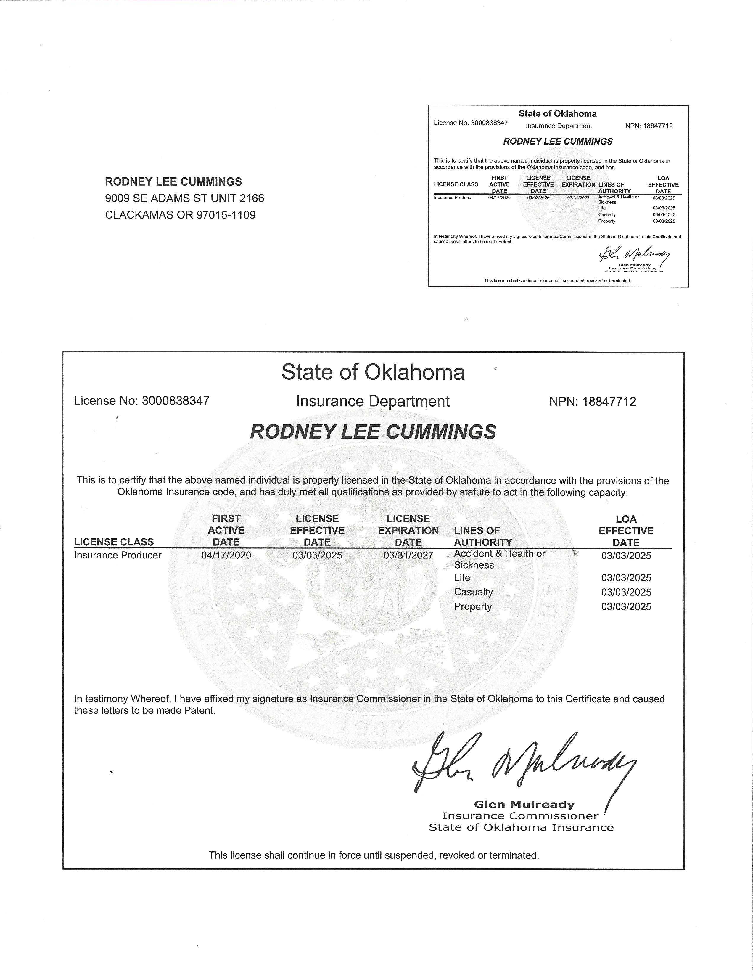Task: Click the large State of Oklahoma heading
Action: click(373, 372)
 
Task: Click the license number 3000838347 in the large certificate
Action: click(176, 401)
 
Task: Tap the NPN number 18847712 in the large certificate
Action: click(609, 401)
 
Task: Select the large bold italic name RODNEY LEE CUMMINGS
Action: click(373, 432)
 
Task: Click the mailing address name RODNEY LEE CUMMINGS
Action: click(173, 182)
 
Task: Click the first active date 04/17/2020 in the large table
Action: click(226, 556)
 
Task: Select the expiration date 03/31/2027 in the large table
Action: click(408, 556)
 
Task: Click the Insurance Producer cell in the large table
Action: click(118, 556)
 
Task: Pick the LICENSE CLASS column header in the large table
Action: click(114, 542)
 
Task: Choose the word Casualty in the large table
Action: click(473, 592)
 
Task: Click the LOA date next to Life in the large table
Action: click(626, 578)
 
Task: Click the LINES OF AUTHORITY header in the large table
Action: click(483, 536)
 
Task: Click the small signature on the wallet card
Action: click(634, 256)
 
